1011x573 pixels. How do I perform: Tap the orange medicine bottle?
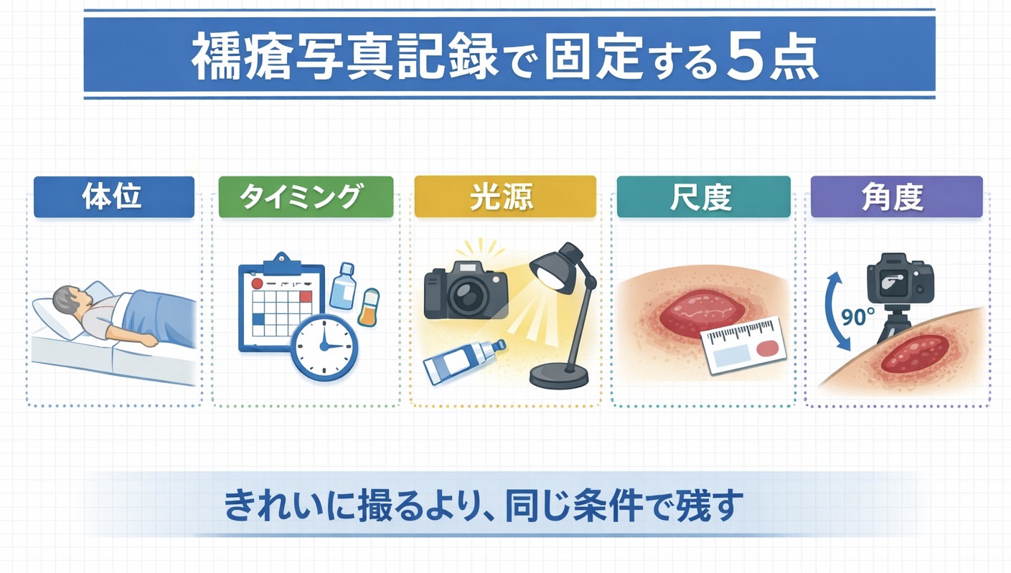click(369, 308)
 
